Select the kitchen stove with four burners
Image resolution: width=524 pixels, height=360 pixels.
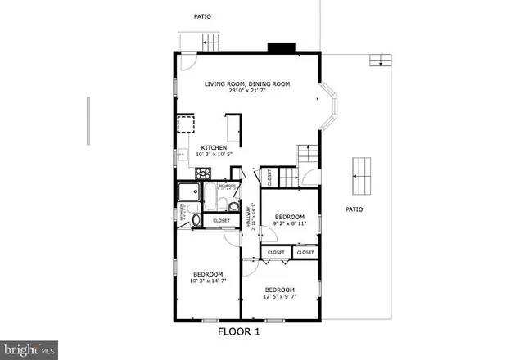click(x=202, y=173)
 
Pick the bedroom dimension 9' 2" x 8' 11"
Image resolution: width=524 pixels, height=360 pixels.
click(x=290, y=223)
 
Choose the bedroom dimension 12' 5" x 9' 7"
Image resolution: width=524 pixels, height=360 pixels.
click(x=279, y=296)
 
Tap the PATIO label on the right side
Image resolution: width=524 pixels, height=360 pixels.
click(x=354, y=209)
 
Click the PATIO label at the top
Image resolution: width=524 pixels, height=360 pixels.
click(x=202, y=16)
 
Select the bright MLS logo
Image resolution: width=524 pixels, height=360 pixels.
click(x=29, y=349)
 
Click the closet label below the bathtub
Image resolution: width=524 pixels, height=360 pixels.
click(x=222, y=221)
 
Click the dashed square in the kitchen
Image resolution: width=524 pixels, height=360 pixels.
click(x=186, y=124)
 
